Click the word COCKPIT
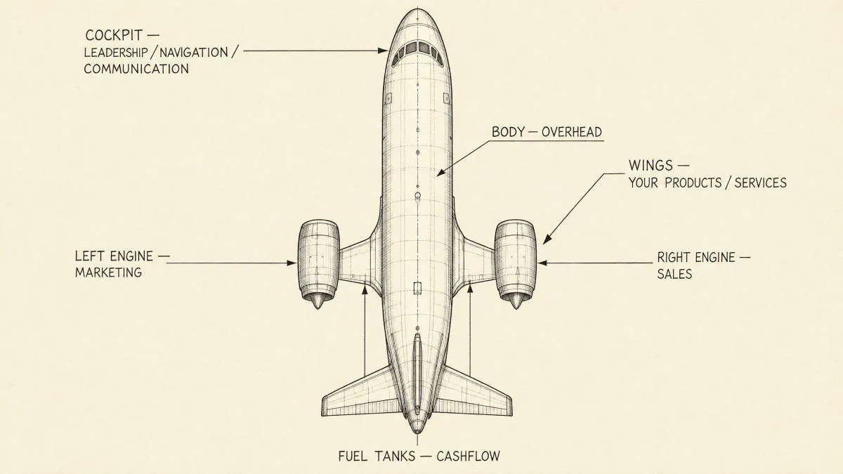114,35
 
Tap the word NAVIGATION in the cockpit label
194,52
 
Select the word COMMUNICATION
136,69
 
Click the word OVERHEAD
572,132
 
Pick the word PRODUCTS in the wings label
693,183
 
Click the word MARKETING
108,272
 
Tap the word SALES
674,274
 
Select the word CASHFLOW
468,456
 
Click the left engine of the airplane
319,263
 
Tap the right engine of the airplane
516,263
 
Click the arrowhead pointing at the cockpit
383,51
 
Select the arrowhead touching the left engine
292,263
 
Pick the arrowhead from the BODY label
440,173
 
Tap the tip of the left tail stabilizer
323,407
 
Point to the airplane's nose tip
418,9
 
